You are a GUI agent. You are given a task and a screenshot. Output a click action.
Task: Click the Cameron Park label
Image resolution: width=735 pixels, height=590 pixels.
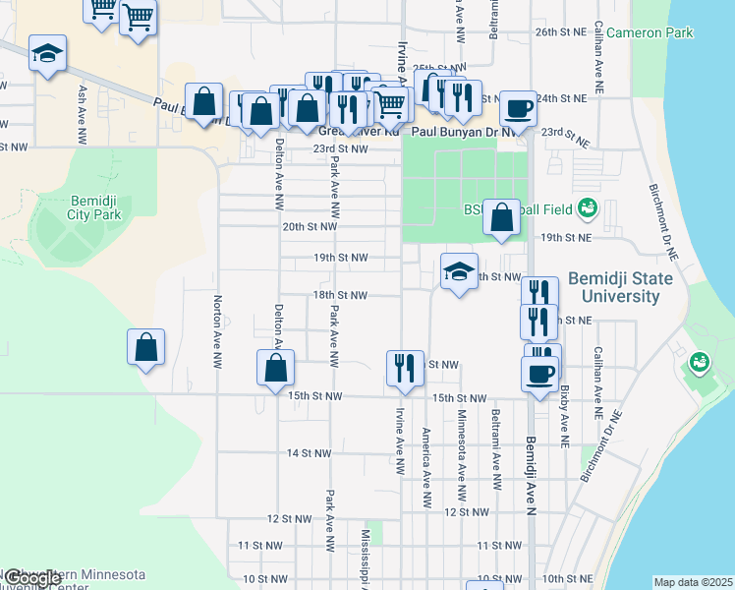(650, 32)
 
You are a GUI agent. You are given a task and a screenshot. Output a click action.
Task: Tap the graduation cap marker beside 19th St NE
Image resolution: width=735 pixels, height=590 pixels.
(458, 272)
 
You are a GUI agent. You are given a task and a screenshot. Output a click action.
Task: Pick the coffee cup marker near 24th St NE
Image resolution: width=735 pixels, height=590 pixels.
(517, 107)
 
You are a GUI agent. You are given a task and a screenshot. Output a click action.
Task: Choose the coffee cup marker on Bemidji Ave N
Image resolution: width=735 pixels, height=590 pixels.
(539, 373)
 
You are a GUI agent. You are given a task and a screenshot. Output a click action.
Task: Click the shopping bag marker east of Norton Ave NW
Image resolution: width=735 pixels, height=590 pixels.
(145, 347)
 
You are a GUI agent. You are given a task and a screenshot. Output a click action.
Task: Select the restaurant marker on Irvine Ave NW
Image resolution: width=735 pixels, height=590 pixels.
(405, 368)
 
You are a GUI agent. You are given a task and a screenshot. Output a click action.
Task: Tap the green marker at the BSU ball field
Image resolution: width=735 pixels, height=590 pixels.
(588, 207)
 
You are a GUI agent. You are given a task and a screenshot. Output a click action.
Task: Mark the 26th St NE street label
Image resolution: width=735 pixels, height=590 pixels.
(560, 32)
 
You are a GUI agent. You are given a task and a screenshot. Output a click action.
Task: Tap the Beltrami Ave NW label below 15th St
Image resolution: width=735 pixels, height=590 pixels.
(496, 437)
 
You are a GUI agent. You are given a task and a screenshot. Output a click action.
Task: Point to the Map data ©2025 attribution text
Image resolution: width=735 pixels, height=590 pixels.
(693, 582)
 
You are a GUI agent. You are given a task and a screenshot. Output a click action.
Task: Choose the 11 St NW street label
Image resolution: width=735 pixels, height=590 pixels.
(261, 545)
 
